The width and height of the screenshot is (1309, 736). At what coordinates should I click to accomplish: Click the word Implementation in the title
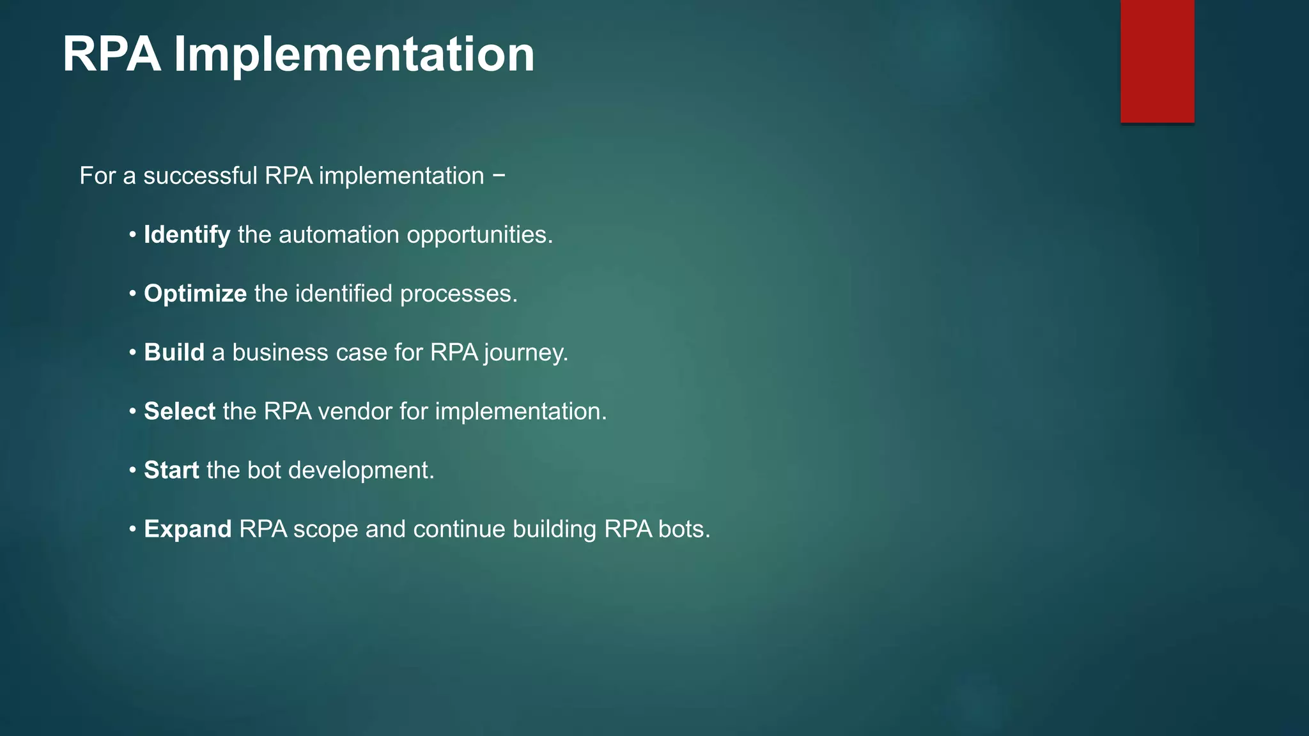pos(354,55)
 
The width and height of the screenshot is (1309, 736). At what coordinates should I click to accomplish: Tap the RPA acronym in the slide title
pos(111,55)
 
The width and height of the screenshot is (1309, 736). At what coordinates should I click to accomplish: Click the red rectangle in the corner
pos(1157,61)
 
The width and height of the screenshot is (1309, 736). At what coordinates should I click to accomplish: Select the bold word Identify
pos(187,235)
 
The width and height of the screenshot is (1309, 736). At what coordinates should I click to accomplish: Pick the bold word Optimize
pos(195,294)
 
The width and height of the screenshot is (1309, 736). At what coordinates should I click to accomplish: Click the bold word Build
pos(174,353)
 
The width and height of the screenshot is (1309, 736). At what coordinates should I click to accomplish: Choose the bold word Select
pos(180,411)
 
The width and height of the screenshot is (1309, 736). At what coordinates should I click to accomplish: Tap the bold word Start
pos(171,470)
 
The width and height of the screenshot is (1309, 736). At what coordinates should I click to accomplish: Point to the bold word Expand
pos(187,529)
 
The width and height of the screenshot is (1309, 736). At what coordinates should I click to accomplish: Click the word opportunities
pos(479,235)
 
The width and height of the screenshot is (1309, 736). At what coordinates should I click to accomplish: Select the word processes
pos(458,294)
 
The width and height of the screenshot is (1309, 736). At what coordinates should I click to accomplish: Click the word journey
pos(525,353)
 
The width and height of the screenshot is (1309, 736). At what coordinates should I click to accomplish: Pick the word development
pos(361,471)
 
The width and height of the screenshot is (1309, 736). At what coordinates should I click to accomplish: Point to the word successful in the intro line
pos(199,176)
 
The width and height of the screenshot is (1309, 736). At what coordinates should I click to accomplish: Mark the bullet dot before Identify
pos(132,235)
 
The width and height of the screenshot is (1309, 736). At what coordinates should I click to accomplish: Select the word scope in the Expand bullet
pos(325,530)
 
